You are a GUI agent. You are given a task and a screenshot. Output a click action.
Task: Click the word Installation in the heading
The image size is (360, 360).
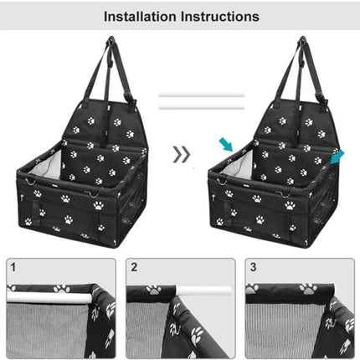click(x=140, y=16)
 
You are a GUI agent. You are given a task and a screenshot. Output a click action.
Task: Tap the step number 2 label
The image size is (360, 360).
click(x=134, y=267)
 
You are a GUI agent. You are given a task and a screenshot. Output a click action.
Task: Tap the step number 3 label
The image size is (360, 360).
click(x=254, y=267)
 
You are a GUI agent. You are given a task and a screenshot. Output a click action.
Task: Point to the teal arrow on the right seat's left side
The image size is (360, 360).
click(x=225, y=146)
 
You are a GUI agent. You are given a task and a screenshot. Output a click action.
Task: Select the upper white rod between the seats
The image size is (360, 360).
click(x=201, y=95)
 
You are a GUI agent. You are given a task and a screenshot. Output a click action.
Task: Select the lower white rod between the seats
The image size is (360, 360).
click(x=201, y=107)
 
